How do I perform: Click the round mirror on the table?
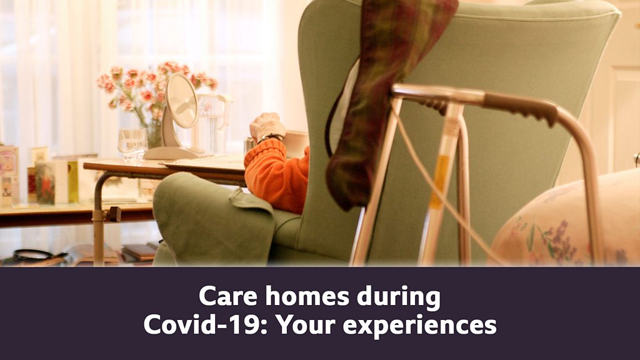[181, 101]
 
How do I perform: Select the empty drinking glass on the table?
[132, 145]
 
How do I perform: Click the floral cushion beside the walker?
[567, 221]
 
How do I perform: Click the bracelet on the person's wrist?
[271, 137]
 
